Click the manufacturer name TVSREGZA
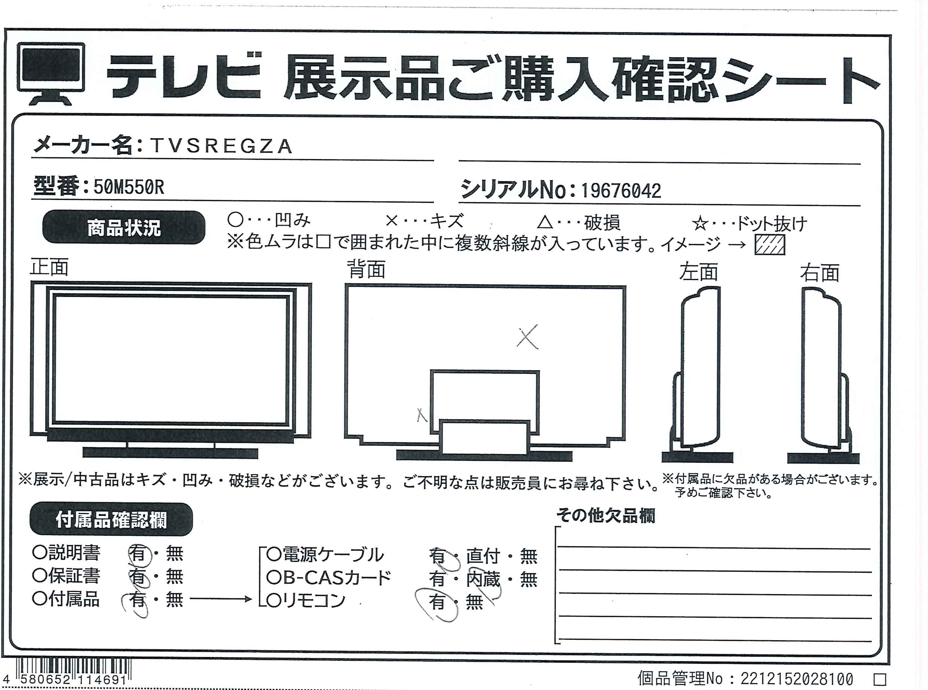click(221, 146)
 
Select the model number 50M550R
click(129, 188)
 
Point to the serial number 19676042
click(621, 191)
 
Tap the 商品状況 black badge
click(123, 228)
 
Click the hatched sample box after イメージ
click(770, 245)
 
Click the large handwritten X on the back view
click(527, 337)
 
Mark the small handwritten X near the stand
click(422, 415)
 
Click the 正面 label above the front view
click(49, 268)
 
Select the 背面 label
click(367, 270)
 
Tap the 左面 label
click(698, 272)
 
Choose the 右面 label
click(819, 273)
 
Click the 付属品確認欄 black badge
click(111, 520)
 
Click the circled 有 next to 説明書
click(137, 554)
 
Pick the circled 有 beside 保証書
click(137, 577)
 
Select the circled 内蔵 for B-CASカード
click(483, 579)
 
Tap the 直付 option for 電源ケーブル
click(483, 556)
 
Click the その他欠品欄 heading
click(606, 516)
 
